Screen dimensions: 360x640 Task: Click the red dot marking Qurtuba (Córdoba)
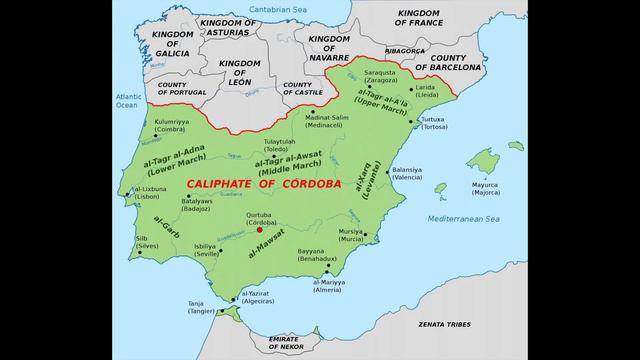(260, 228)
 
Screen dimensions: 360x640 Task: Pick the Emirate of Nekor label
(283, 343)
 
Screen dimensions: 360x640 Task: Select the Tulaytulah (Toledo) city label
(279, 145)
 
